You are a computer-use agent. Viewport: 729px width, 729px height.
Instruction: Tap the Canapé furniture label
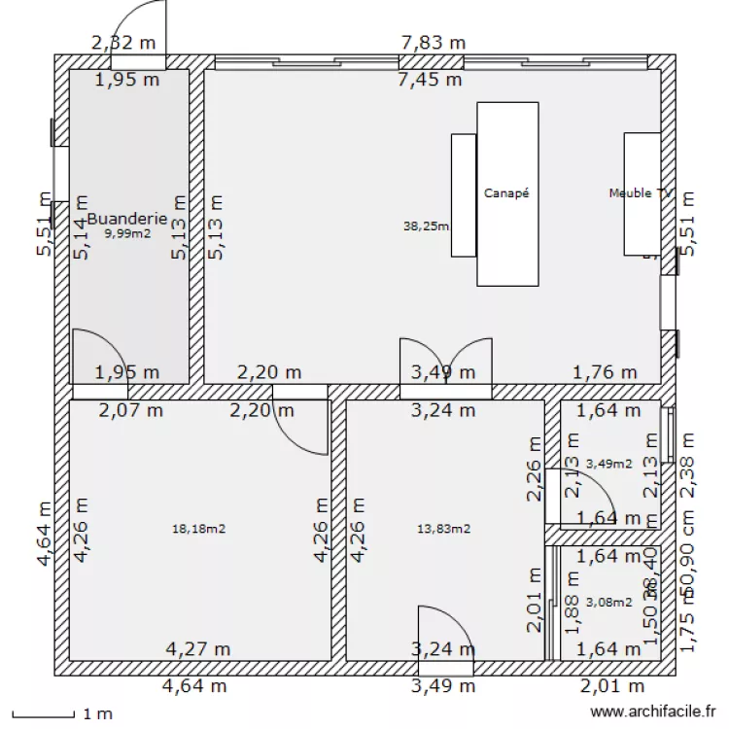pyautogui.click(x=506, y=193)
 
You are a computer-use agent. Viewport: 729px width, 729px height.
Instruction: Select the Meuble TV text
pyautogui.click(x=641, y=193)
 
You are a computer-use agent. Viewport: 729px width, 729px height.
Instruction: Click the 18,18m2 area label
pyautogui.click(x=198, y=529)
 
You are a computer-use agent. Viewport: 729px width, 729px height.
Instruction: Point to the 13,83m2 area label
pyautogui.click(x=443, y=529)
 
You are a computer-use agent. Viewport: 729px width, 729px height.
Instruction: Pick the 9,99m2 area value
pyautogui.click(x=127, y=233)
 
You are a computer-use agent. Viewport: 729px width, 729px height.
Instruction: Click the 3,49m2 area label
pyautogui.click(x=608, y=464)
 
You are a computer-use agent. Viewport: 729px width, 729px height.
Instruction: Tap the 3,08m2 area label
pyautogui.click(x=608, y=603)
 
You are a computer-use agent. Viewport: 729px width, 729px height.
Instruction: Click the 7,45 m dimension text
pyautogui.click(x=429, y=80)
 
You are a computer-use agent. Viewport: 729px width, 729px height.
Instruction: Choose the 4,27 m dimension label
pyautogui.click(x=197, y=648)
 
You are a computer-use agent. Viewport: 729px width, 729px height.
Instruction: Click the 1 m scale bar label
pyautogui.click(x=97, y=713)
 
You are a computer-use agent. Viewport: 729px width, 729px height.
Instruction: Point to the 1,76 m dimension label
pyautogui.click(x=604, y=371)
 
